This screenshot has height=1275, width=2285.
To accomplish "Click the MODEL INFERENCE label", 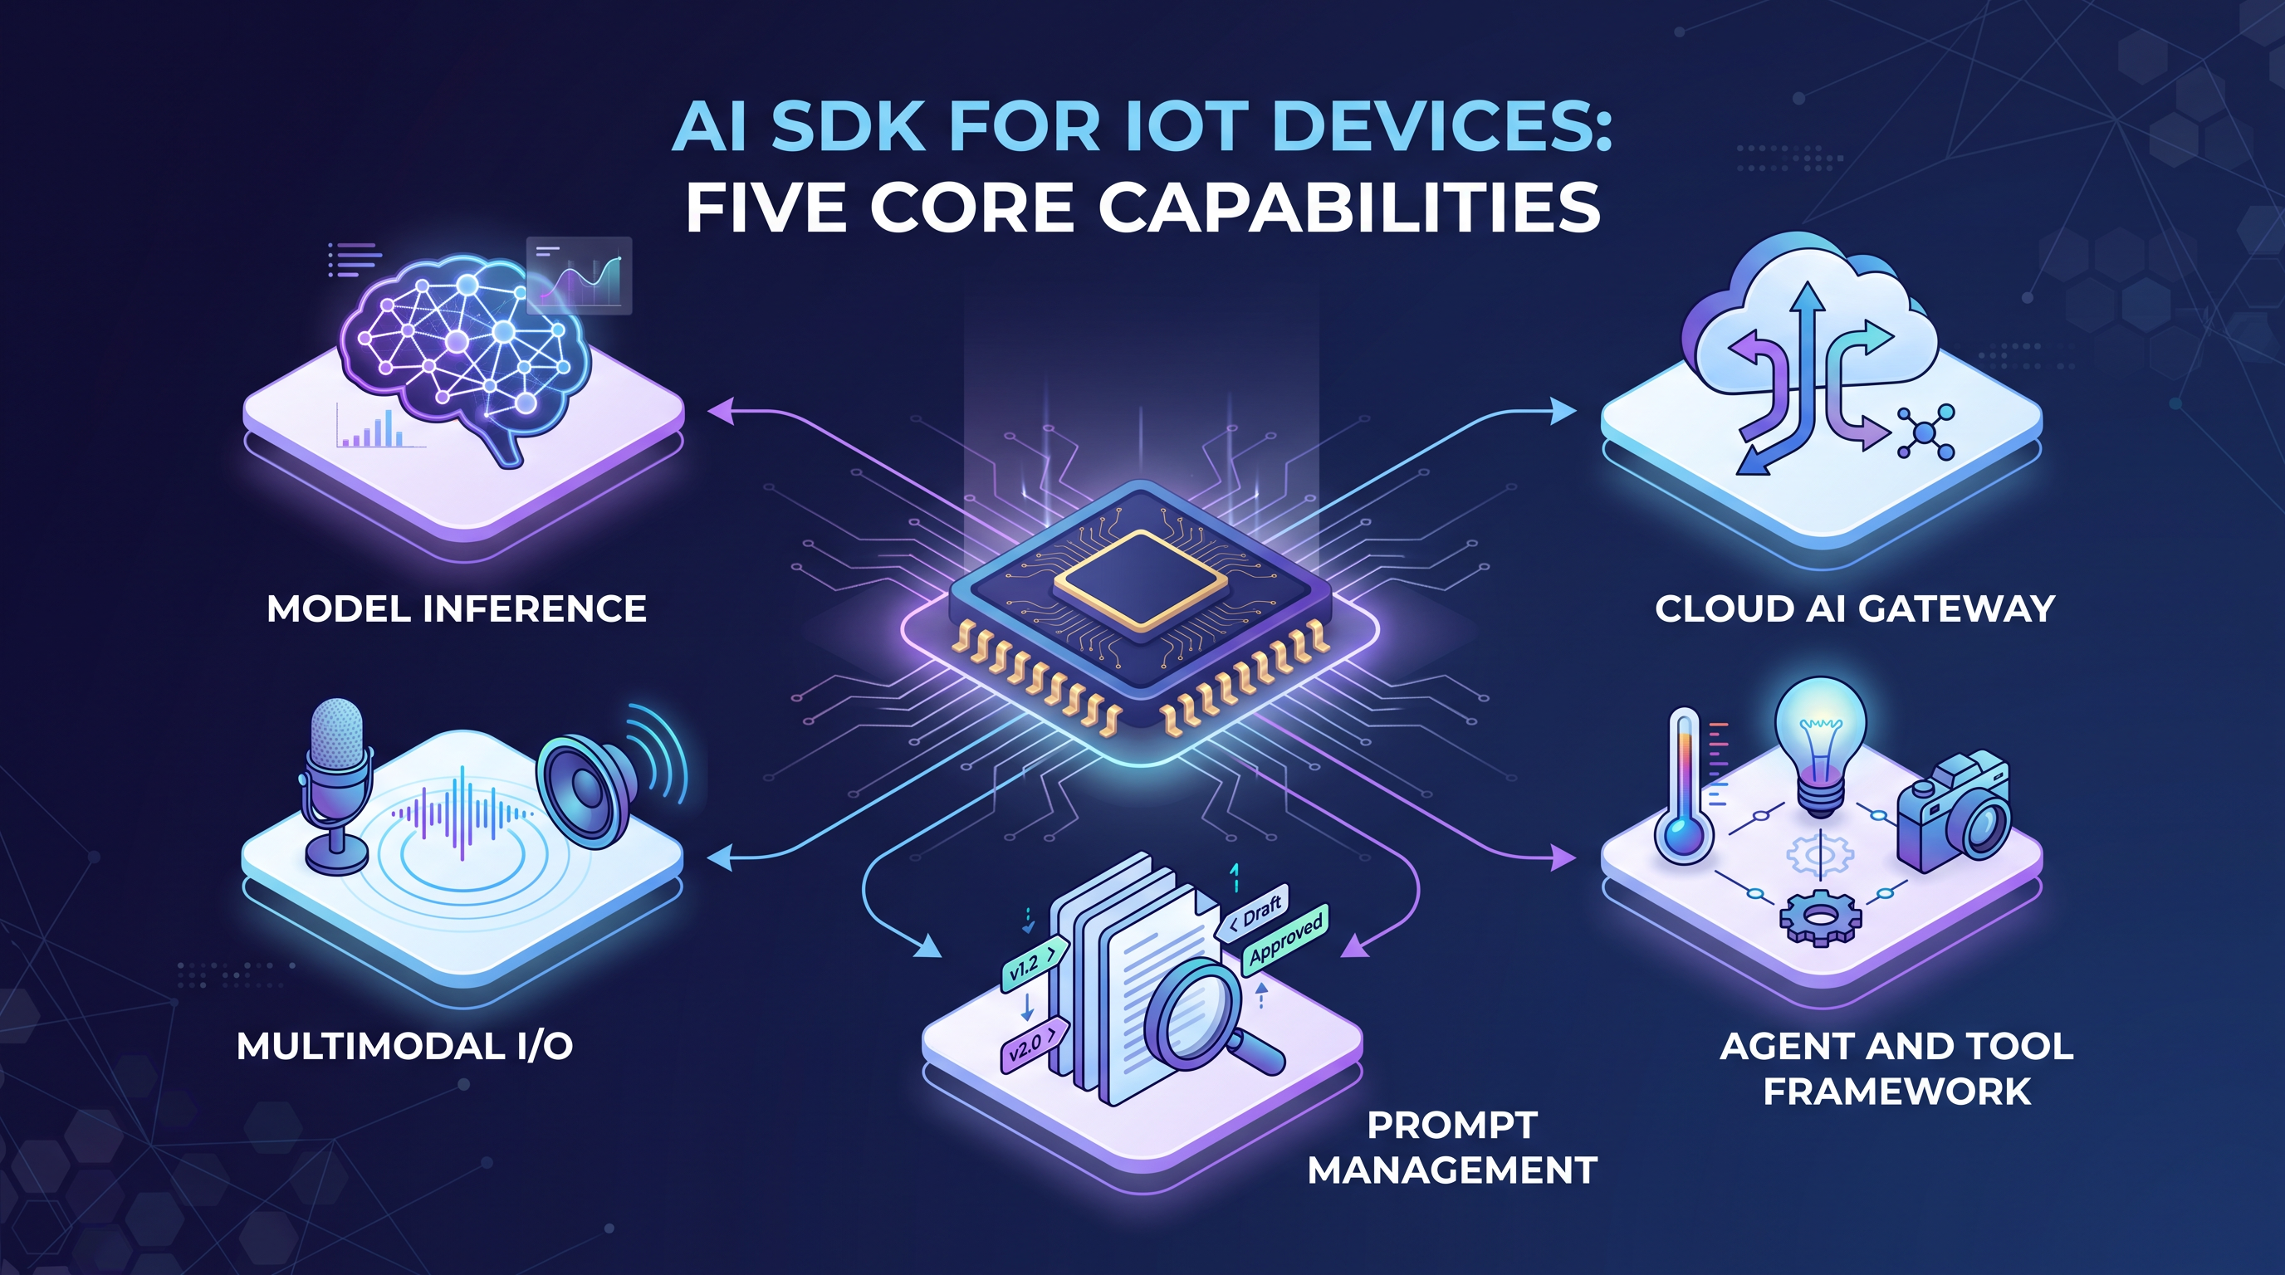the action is pyautogui.click(x=457, y=609).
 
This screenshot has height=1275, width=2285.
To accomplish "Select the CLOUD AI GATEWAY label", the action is pyautogui.click(x=1855, y=609).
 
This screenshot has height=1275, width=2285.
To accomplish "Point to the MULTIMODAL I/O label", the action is pyautogui.click(x=404, y=1047).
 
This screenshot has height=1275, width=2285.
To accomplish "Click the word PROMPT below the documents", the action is pyautogui.click(x=1452, y=1125).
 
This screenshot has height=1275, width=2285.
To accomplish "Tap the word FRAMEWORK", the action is pyautogui.click(x=1897, y=1092).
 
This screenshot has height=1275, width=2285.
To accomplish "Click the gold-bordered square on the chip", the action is pyautogui.click(x=1141, y=580).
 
